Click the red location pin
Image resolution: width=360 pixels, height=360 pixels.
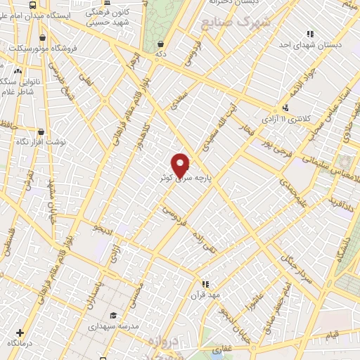click(x=181, y=165)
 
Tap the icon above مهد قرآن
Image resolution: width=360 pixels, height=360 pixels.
click(x=205, y=284)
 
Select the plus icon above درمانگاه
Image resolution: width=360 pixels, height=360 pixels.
click(x=19, y=332)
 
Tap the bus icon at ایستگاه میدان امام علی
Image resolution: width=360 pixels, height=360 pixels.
click(x=32, y=5)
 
